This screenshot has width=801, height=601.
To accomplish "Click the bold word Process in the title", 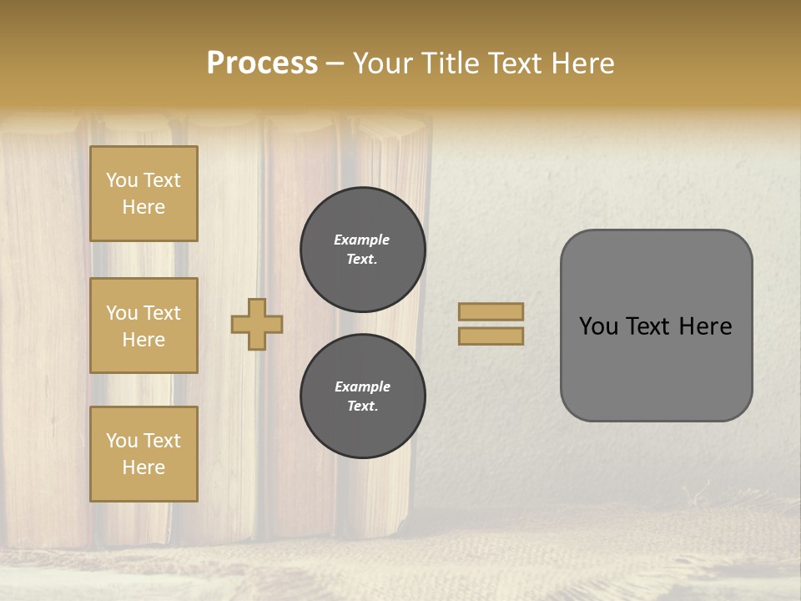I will click(x=262, y=63).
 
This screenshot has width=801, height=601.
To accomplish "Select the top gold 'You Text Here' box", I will click(x=144, y=194).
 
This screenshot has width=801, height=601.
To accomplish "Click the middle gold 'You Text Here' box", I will click(x=144, y=326).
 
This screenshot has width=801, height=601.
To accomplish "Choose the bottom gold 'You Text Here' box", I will click(x=144, y=454).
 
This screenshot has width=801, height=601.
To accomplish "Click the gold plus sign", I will click(x=257, y=324).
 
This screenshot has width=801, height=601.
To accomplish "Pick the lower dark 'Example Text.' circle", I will click(x=363, y=396).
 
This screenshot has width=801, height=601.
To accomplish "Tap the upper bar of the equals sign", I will click(x=491, y=311).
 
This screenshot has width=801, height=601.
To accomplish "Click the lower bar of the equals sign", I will click(x=491, y=336).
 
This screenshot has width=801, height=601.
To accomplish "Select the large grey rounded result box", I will click(x=656, y=326).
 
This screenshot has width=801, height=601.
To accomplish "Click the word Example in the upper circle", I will click(x=362, y=240).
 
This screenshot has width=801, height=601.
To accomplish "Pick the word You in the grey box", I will click(x=598, y=326).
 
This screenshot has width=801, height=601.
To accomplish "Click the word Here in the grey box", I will click(x=705, y=326).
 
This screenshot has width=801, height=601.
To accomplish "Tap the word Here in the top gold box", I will click(x=144, y=207).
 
